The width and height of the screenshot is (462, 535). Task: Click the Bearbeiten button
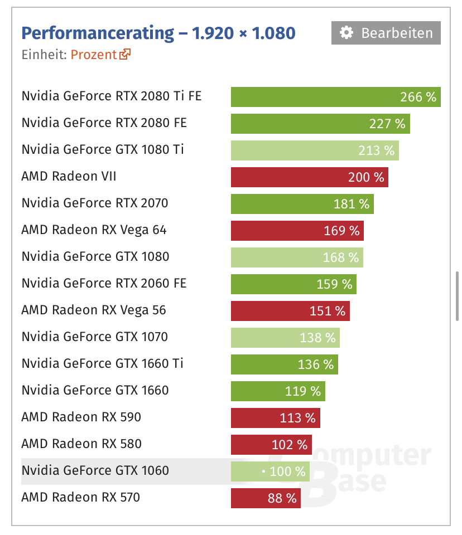pos(386,33)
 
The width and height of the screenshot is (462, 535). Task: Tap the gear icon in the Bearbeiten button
pos(346,33)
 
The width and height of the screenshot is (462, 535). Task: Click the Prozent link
pos(94,55)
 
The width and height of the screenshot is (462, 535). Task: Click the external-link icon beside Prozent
pos(125,54)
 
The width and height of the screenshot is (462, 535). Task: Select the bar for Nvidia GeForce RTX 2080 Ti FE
pos(336,97)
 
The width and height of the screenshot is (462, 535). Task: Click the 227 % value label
pos(387,124)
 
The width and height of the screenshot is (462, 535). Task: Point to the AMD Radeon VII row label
pos(69,177)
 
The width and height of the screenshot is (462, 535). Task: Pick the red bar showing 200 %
pos(309,177)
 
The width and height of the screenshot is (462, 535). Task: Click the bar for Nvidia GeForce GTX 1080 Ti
pos(315,150)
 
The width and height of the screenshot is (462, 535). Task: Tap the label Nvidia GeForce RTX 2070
pos(95,203)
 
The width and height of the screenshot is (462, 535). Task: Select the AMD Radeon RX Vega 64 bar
pos(297,231)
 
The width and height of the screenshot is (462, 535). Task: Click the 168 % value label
pos(341,257)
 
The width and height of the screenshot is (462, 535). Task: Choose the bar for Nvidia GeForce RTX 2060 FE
pos(293,284)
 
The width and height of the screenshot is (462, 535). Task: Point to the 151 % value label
pos(328,311)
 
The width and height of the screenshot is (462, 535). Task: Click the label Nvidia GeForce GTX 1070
pos(95,337)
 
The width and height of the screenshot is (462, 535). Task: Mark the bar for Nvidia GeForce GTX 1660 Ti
pos(284,364)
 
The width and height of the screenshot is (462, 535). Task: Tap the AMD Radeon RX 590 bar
pos(275,418)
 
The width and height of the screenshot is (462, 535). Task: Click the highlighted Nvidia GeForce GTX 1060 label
pos(95,471)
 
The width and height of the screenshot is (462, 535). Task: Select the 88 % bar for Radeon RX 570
pos(266,498)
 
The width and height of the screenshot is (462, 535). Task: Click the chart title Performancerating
pos(98,33)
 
